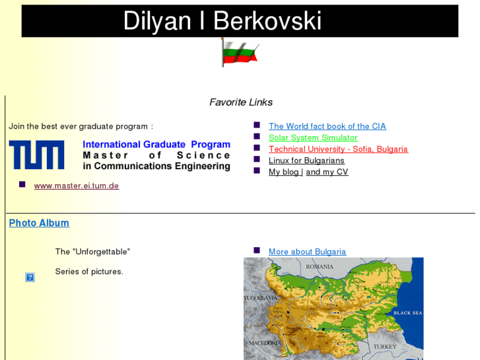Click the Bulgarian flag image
[239, 52]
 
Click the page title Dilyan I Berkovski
[222, 21]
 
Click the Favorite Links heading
[240, 102]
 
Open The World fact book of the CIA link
[327, 126]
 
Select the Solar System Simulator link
[313, 137]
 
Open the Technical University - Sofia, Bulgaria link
[338, 149]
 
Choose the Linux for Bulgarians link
[306, 161]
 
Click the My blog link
[285, 172]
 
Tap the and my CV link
[327, 172]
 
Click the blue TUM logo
[36, 155]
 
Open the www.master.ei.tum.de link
[77, 186]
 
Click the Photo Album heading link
[39, 223]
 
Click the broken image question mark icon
[30, 277]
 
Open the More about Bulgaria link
[307, 252]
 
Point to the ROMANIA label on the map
[320, 267]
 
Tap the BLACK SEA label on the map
[407, 312]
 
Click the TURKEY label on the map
[384, 347]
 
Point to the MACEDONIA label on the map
[265, 343]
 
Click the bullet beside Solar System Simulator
[257, 137]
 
